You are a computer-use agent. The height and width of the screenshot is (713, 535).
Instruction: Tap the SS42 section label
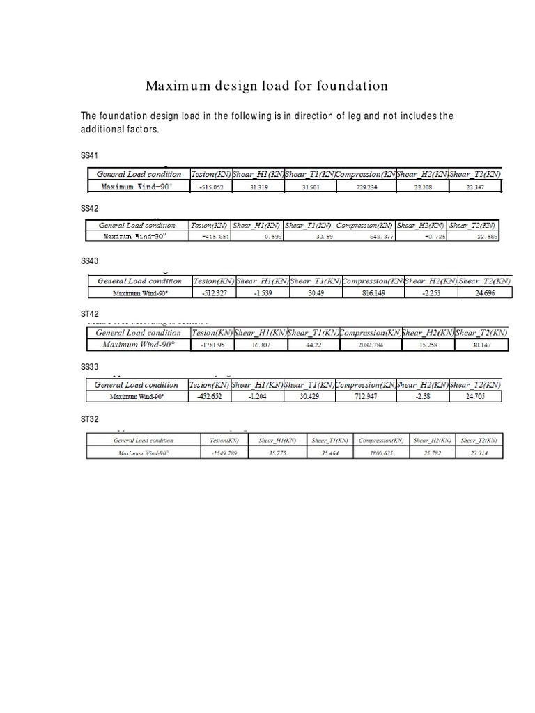90,208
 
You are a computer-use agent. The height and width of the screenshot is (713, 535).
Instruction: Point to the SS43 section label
90,261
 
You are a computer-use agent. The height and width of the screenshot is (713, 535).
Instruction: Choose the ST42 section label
90,315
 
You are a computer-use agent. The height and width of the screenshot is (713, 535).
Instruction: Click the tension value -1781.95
210,345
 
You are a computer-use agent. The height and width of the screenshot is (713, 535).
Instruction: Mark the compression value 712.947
365,397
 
